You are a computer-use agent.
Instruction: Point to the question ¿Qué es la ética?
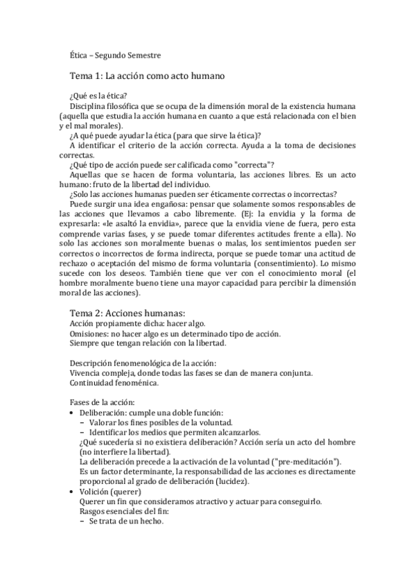(x=98, y=96)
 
